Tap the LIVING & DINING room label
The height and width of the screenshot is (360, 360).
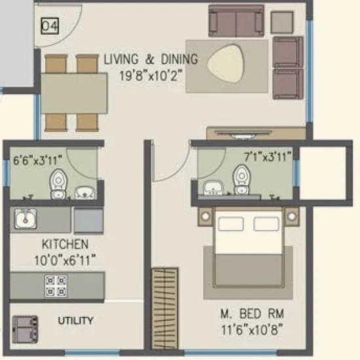point(150,59)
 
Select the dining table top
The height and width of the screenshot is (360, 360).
point(74,93)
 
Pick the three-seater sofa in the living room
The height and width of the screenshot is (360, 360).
point(237,22)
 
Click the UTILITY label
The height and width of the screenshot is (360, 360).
point(75,321)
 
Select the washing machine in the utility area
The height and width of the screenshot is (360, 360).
point(25,327)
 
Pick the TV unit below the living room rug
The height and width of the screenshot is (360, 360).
point(255,134)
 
